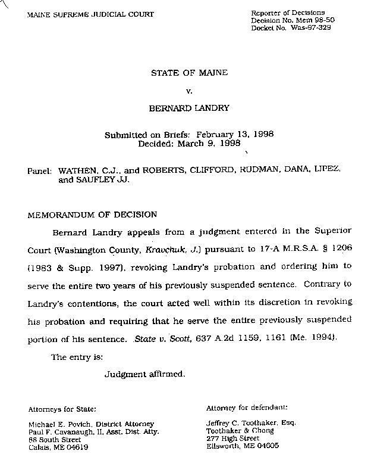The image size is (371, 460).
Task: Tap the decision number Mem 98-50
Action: point(306,20)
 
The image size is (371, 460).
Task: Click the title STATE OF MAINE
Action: point(189,73)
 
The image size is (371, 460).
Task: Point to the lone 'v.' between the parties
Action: point(188,91)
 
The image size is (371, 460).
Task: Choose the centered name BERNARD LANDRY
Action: point(188,110)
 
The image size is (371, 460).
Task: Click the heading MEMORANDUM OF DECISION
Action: point(92,215)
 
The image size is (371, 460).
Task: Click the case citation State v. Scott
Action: point(153,338)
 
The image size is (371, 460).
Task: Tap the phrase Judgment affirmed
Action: point(145,374)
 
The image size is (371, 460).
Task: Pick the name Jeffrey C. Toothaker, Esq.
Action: point(251,423)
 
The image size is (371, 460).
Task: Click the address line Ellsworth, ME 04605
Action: point(242,445)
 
